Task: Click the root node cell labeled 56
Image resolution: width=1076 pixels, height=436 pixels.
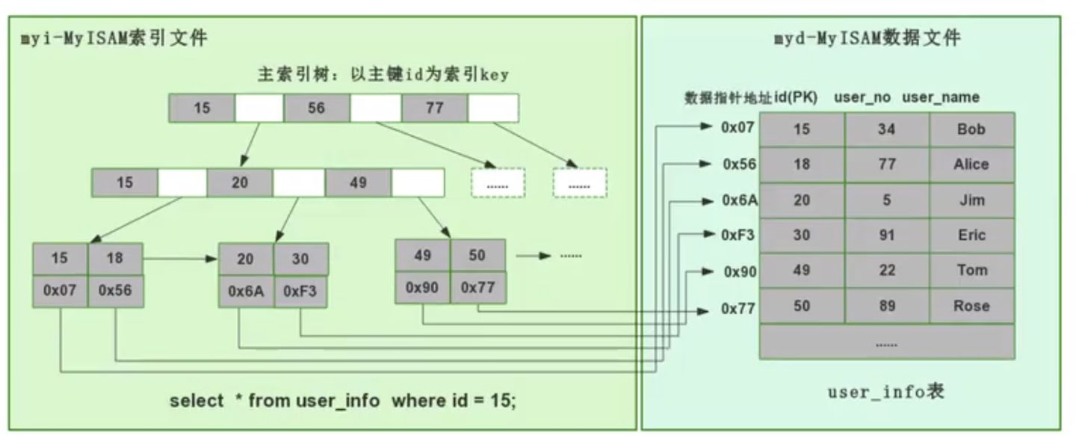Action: (x=316, y=108)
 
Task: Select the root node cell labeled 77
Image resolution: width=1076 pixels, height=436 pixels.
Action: (x=434, y=108)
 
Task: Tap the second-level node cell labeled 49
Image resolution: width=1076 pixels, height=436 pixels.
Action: (x=358, y=182)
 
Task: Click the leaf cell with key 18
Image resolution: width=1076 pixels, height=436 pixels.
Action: (x=115, y=258)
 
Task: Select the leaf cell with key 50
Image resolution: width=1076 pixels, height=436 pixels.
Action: (x=477, y=255)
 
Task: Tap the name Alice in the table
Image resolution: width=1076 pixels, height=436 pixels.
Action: (x=971, y=165)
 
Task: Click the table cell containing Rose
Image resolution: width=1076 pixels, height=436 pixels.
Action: (x=971, y=306)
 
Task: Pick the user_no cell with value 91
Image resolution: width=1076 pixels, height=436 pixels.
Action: (x=886, y=235)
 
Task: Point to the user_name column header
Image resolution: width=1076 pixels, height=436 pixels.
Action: (x=941, y=97)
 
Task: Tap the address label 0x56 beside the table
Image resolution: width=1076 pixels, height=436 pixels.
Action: (x=740, y=165)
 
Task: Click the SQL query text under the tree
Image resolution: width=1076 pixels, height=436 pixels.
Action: (x=342, y=401)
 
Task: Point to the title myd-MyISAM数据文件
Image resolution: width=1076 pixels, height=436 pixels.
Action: (x=867, y=39)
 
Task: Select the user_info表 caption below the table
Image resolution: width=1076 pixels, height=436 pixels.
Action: (x=885, y=391)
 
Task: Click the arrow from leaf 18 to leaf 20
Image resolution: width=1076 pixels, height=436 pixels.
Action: (x=179, y=259)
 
